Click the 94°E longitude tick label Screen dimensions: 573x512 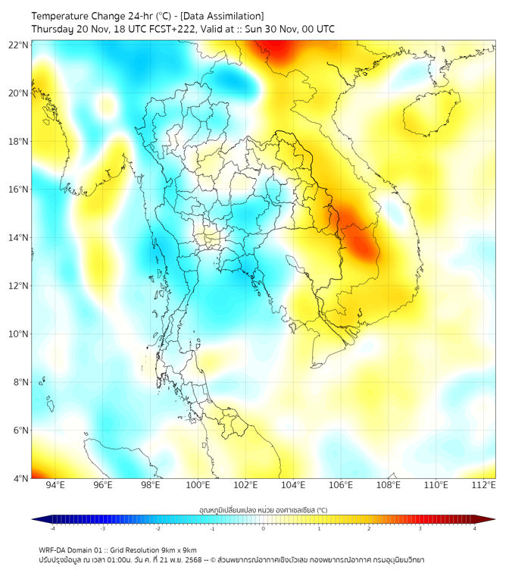(55, 485)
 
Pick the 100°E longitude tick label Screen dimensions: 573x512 (198, 485)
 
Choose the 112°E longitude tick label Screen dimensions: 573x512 (483, 485)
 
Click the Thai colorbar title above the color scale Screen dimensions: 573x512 (263, 509)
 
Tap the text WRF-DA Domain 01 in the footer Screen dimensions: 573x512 (76, 550)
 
